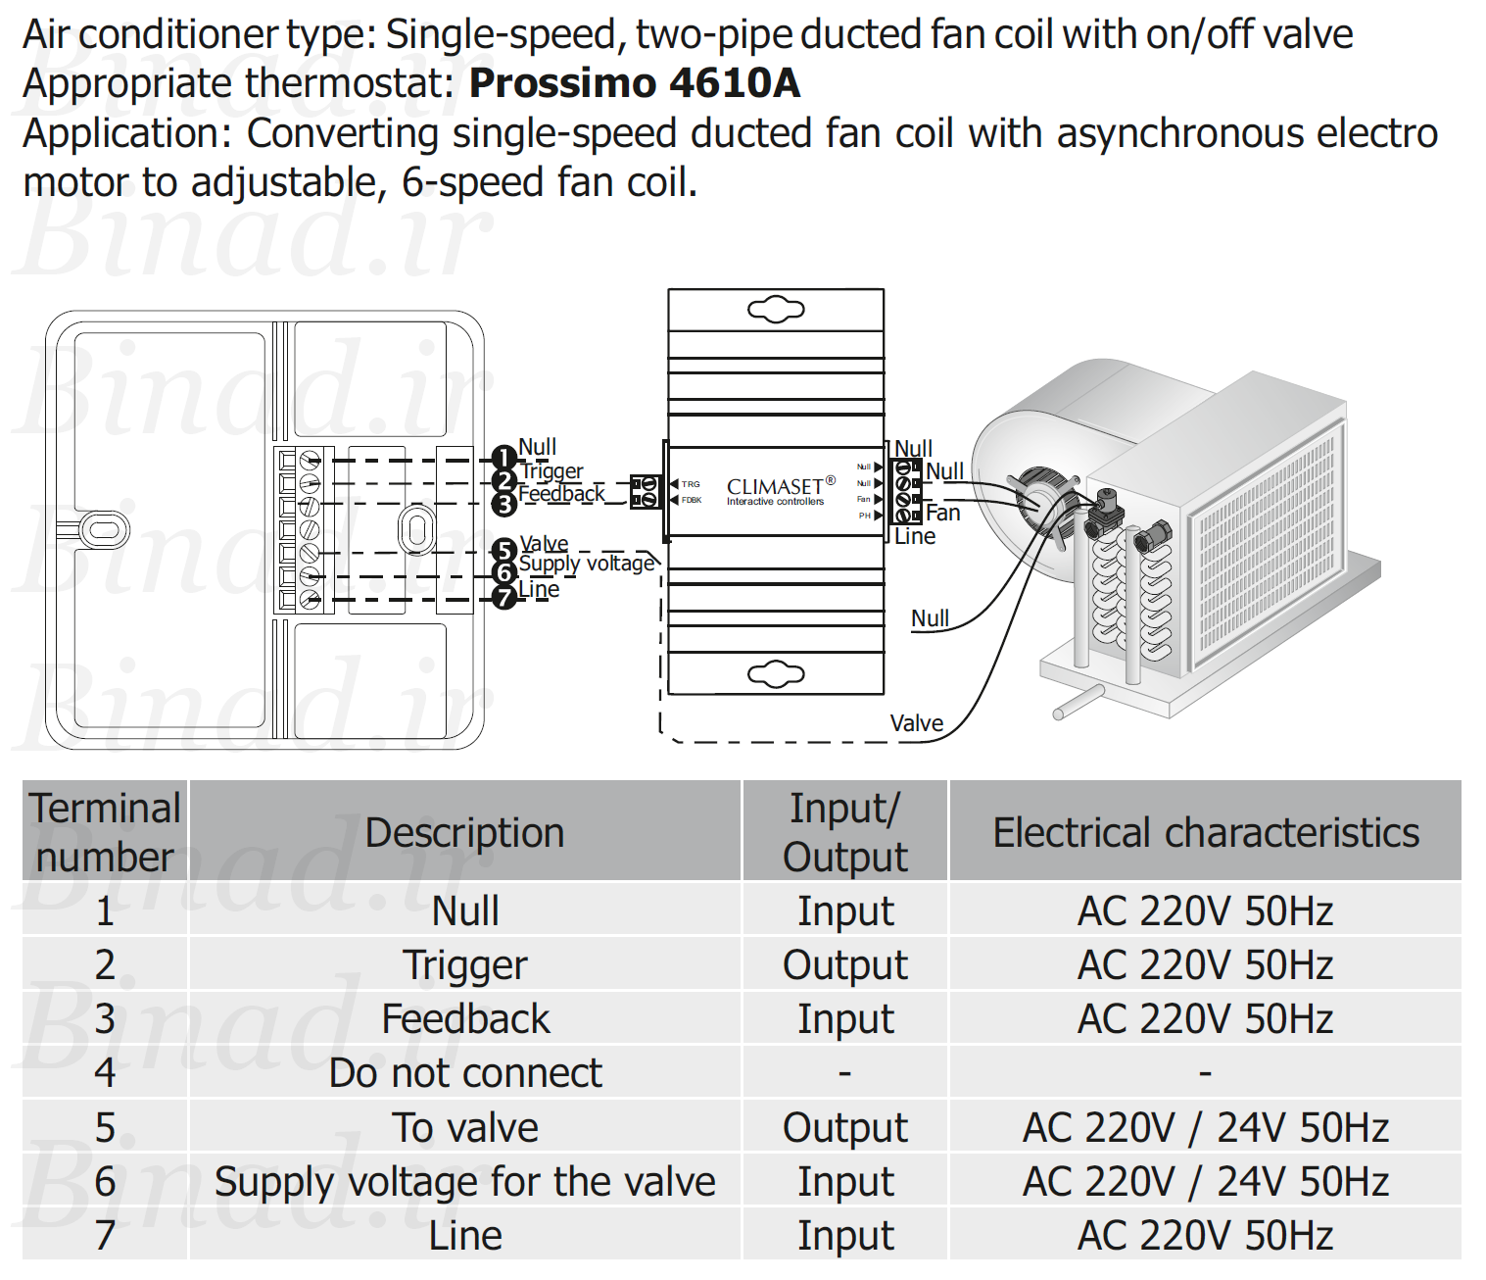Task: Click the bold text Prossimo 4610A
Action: [x=634, y=83]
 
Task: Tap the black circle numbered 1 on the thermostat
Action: [x=504, y=458]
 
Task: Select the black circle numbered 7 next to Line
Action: [x=504, y=597]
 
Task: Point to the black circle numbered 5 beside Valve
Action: [x=504, y=551]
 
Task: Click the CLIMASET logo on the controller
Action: [x=781, y=490]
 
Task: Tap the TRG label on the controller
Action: [x=691, y=484]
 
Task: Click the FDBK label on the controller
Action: [x=692, y=500]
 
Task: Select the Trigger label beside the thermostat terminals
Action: [x=551, y=471]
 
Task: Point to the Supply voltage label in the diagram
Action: [x=587, y=564]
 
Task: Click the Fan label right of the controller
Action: [x=943, y=513]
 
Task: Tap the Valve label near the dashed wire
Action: [x=917, y=723]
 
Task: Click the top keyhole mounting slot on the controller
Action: [x=776, y=310]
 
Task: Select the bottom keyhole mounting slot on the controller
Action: [x=776, y=674]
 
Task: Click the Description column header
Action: [x=464, y=833]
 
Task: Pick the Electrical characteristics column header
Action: [x=1206, y=833]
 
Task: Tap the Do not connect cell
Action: [x=465, y=1073]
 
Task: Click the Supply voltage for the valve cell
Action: [x=465, y=1181]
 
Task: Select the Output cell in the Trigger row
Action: [x=844, y=964]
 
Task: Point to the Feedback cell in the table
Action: [x=465, y=1019]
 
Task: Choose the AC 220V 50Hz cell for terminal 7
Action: [x=1206, y=1235]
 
